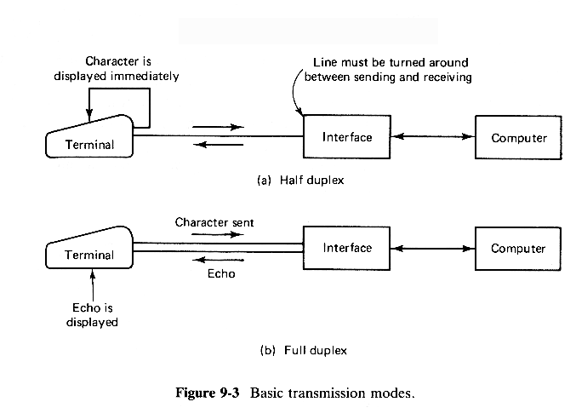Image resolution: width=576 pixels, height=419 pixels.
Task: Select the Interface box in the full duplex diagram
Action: click(347, 248)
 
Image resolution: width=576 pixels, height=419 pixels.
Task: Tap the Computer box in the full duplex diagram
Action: click(518, 249)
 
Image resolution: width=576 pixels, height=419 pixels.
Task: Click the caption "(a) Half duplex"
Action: click(299, 181)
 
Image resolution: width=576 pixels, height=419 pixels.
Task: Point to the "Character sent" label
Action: click(214, 222)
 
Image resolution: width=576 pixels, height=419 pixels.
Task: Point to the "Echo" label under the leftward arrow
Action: click(221, 275)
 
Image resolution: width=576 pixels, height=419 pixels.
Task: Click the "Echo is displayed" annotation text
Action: click(92, 315)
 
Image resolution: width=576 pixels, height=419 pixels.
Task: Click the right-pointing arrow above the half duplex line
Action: click(218, 127)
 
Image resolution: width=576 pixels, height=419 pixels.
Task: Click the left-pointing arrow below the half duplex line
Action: click(218, 145)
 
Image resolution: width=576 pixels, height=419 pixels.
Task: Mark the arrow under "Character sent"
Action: click(218, 233)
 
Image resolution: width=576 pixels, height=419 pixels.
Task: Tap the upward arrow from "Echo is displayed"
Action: click(92, 281)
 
